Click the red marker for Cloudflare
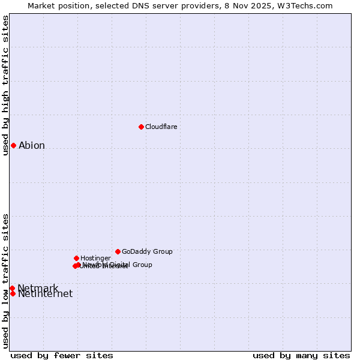coord(141,127)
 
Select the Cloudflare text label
coord(161,127)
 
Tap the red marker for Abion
coord(13,145)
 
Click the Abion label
coord(32,145)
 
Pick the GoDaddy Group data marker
coord(118,251)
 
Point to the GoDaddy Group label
coord(147,251)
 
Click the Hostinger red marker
coord(76,258)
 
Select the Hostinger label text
coord(95,258)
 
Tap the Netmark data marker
coord(12,288)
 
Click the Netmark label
coord(38,288)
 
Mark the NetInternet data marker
coord(13,293)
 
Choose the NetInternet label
coord(45,294)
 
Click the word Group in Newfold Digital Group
coord(142,265)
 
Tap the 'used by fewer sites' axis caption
coord(62,355)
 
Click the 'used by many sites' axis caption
coord(301,355)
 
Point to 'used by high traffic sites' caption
coord(5,85)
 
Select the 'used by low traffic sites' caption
coord(5,281)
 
